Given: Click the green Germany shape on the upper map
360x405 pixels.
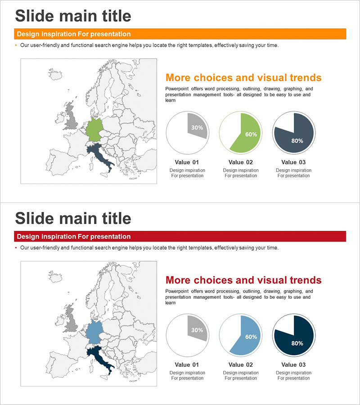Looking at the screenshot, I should click(x=94, y=129).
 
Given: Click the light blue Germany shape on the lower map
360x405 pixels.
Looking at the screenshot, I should click(x=94, y=332).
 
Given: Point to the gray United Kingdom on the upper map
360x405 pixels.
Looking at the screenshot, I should click(x=72, y=118).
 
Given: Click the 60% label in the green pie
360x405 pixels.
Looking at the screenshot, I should click(x=251, y=134).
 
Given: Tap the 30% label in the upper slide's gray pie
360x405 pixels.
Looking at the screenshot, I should click(x=197, y=127).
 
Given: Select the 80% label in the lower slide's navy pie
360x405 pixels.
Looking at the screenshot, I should click(x=297, y=343).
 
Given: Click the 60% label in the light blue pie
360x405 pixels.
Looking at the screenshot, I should click(x=251, y=337).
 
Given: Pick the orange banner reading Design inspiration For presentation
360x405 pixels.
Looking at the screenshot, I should click(x=180, y=34).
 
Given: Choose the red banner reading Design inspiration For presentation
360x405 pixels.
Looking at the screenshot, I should click(x=180, y=237).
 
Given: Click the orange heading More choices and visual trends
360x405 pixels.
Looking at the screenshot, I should click(x=243, y=77).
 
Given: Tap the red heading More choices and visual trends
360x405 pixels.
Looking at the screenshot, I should click(x=243, y=280).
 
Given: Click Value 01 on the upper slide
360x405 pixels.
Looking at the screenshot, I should click(x=187, y=162).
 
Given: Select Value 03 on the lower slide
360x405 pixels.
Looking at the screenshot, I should click(x=293, y=364).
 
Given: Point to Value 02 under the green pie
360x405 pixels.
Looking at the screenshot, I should click(x=241, y=162).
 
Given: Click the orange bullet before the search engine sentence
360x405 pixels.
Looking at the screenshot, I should click(x=16, y=45).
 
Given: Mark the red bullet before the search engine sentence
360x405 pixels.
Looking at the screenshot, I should click(x=16, y=248).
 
